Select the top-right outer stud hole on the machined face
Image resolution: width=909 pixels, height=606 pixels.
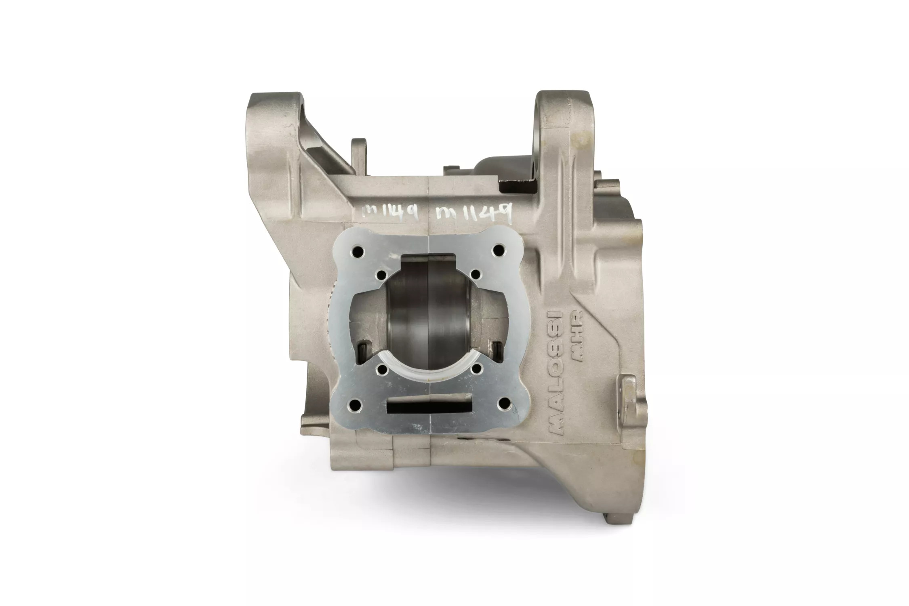pyautogui.click(x=497, y=249)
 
